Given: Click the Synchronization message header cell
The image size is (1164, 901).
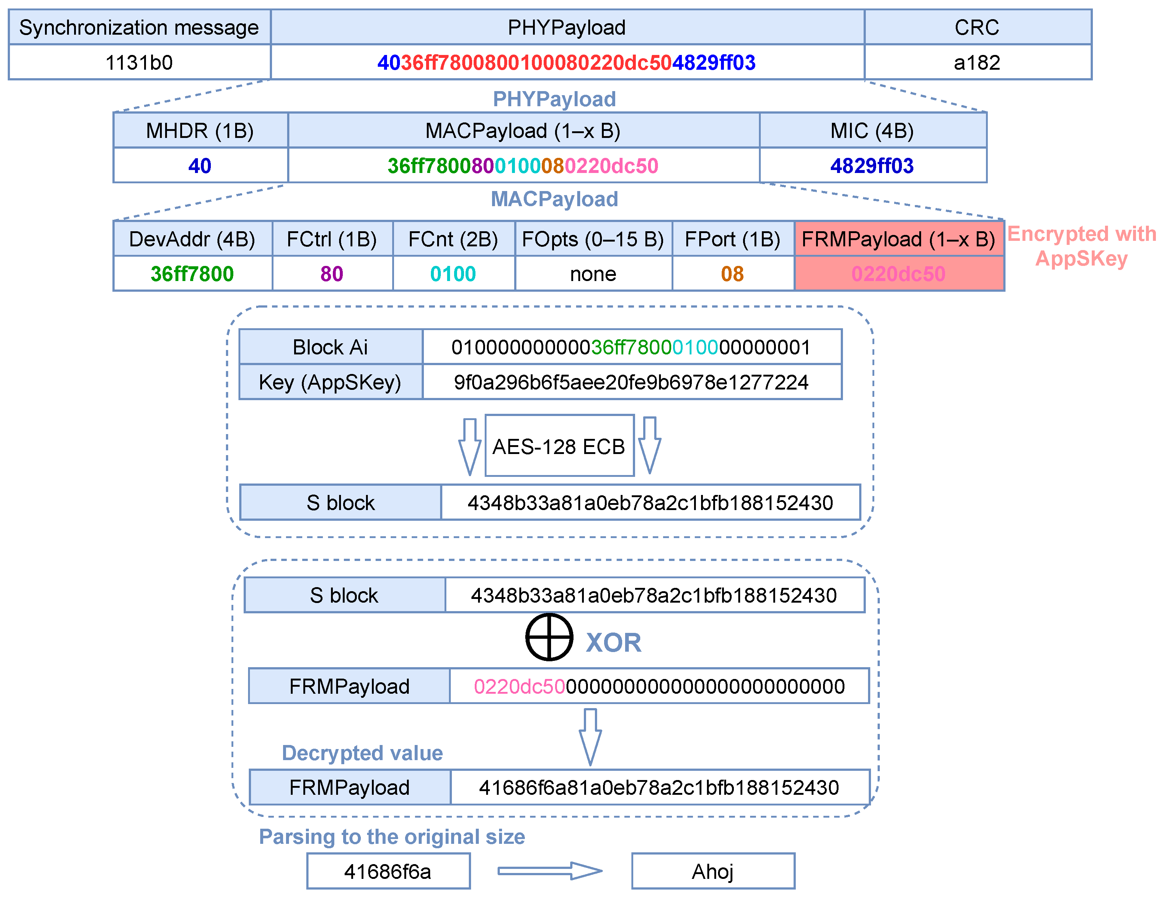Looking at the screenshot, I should point(139,27).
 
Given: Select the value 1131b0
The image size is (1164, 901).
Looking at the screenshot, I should point(139,62).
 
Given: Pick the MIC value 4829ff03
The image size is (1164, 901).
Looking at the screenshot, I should point(872,166).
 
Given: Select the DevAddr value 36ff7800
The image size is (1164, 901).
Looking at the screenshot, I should point(192,274).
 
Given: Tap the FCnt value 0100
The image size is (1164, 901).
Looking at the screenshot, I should point(453,274).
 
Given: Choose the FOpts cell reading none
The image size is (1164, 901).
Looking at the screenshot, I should point(593,274).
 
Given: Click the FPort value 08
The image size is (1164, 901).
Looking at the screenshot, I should point(732,274).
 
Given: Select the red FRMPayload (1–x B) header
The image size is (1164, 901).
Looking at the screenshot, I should point(899,239).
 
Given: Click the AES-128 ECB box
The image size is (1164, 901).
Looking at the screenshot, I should point(559,446).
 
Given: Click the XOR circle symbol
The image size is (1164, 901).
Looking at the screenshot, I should point(549,637).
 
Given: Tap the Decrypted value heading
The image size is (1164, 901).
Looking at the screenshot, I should point(362,753).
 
